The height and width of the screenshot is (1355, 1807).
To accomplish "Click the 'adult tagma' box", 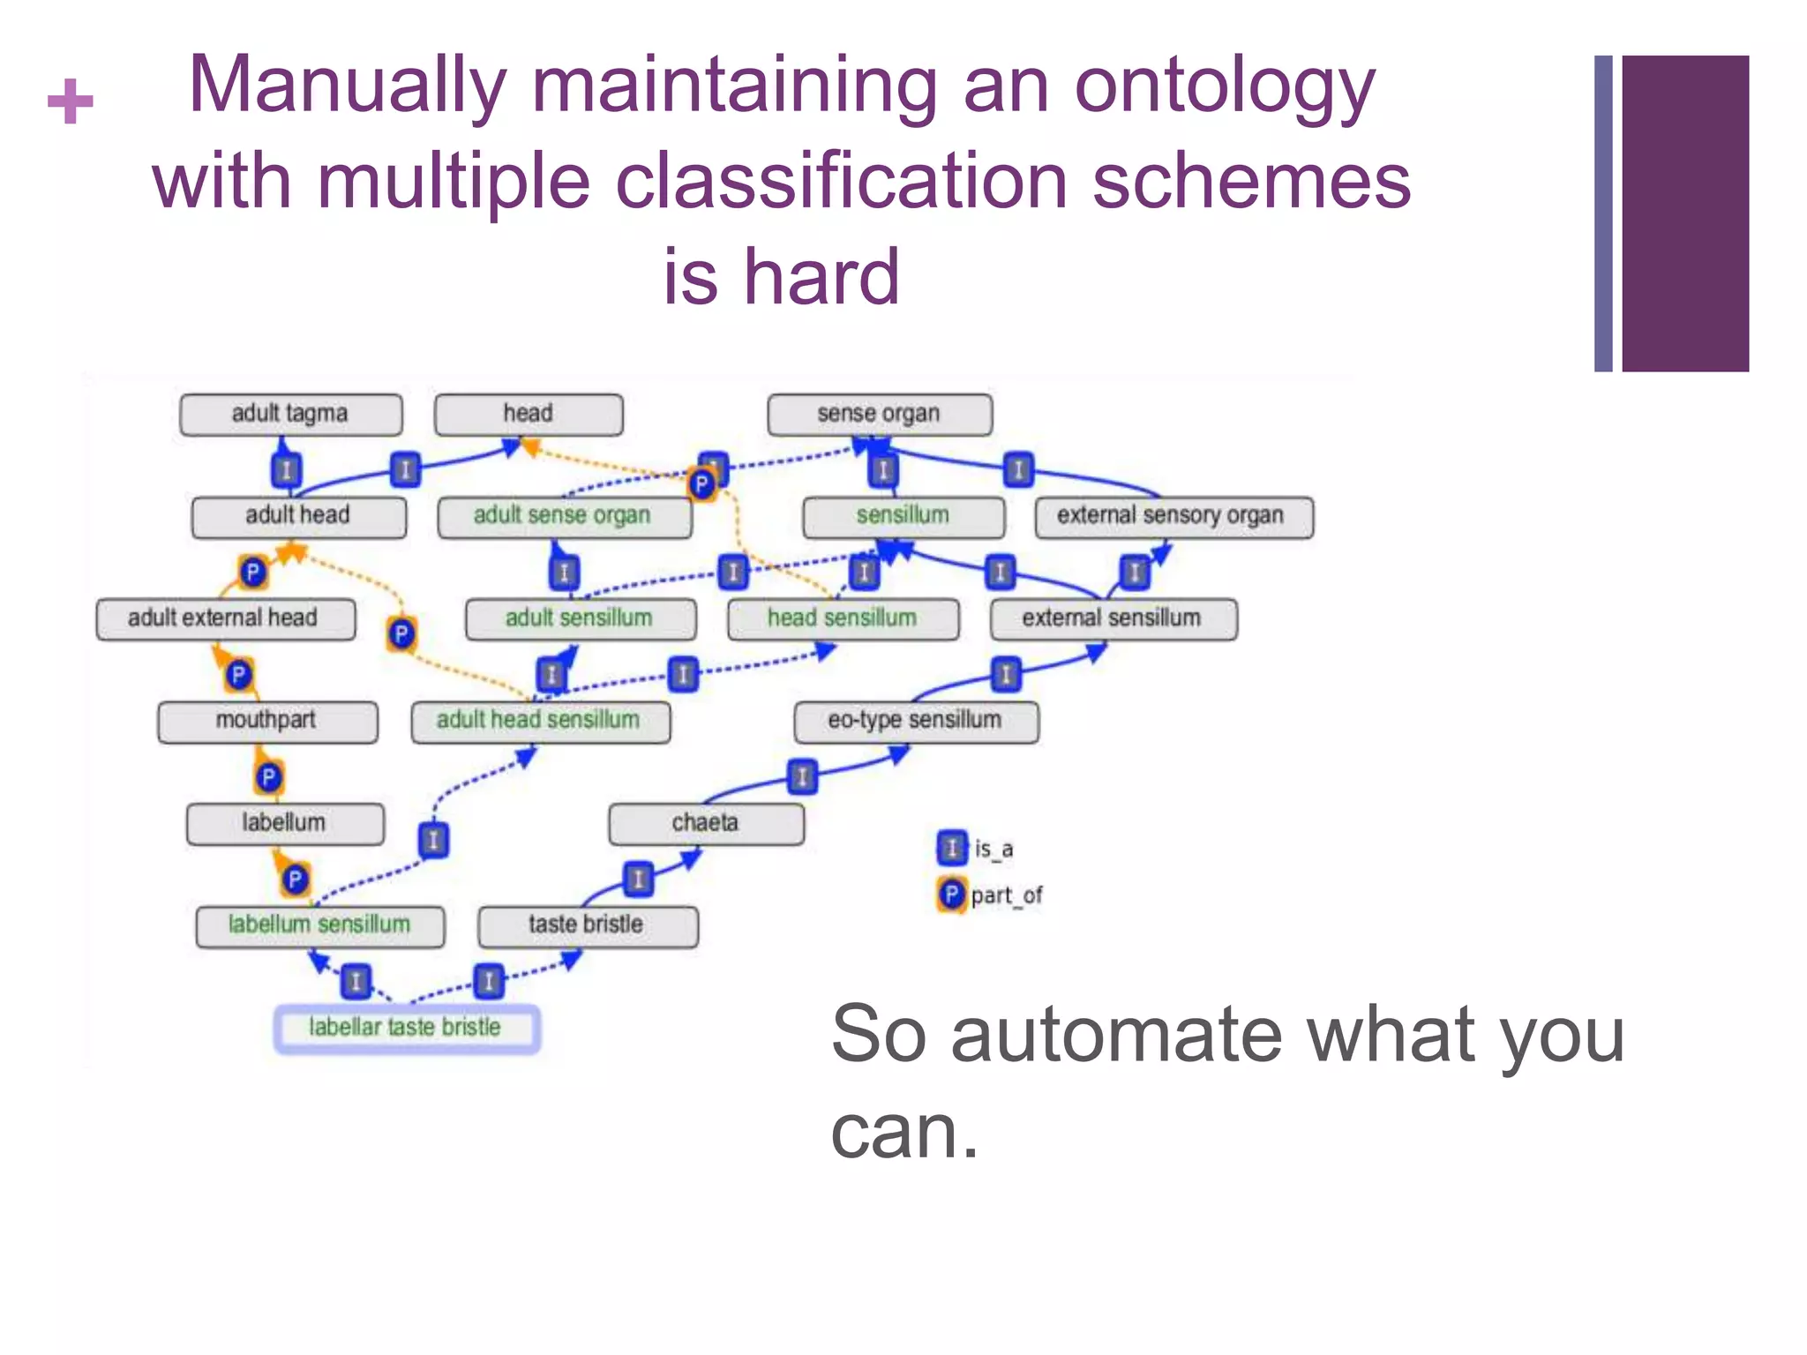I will coord(290,414).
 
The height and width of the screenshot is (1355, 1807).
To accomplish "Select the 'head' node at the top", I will coord(529,414).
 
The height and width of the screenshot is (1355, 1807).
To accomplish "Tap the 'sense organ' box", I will coord(879,414).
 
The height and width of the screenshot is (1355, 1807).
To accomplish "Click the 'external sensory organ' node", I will coord(1173,516).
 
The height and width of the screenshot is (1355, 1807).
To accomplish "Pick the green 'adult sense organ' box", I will coord(564,516).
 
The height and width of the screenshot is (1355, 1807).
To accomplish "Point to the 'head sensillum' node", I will coord(843,618).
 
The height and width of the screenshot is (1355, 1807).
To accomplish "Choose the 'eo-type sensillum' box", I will coord(916,721).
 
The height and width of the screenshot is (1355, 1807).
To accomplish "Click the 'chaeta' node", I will coord(706,823).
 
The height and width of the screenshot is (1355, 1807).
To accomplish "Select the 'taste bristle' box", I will coord(588,925).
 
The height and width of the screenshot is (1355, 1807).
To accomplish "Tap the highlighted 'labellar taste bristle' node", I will coord(406,1028).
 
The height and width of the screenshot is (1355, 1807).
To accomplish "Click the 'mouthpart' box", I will coord(267,721).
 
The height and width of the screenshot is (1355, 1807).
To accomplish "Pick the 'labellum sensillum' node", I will coord(319,925).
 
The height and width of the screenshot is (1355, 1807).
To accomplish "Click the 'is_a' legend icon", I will coord(951,848).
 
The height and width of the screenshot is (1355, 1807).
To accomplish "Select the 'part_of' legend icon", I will coord(951,895).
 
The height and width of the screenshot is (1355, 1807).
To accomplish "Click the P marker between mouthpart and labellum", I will coord(268,777).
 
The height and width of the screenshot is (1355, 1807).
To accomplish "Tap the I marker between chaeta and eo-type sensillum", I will coord(802,777).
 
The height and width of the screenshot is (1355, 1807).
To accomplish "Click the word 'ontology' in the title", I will coord(1225,86).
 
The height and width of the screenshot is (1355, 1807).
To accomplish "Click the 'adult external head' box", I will coord(224,618).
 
